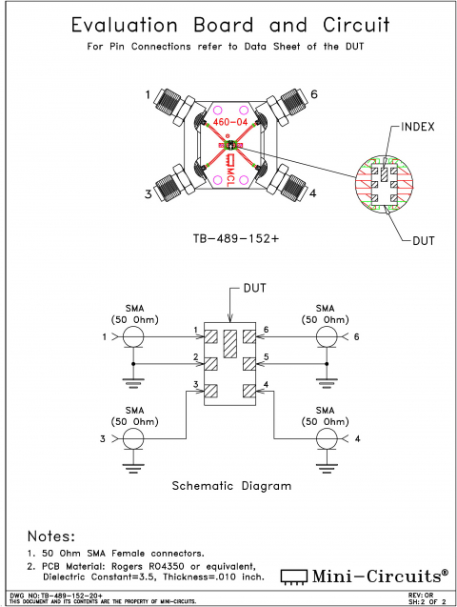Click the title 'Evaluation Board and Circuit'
pos(228,25)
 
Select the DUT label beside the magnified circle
pos(424,240)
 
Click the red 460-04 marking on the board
pos(229,122)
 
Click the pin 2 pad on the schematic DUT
pos(211,363)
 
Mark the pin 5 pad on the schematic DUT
pos(248,363)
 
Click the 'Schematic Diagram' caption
pos(230,485)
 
